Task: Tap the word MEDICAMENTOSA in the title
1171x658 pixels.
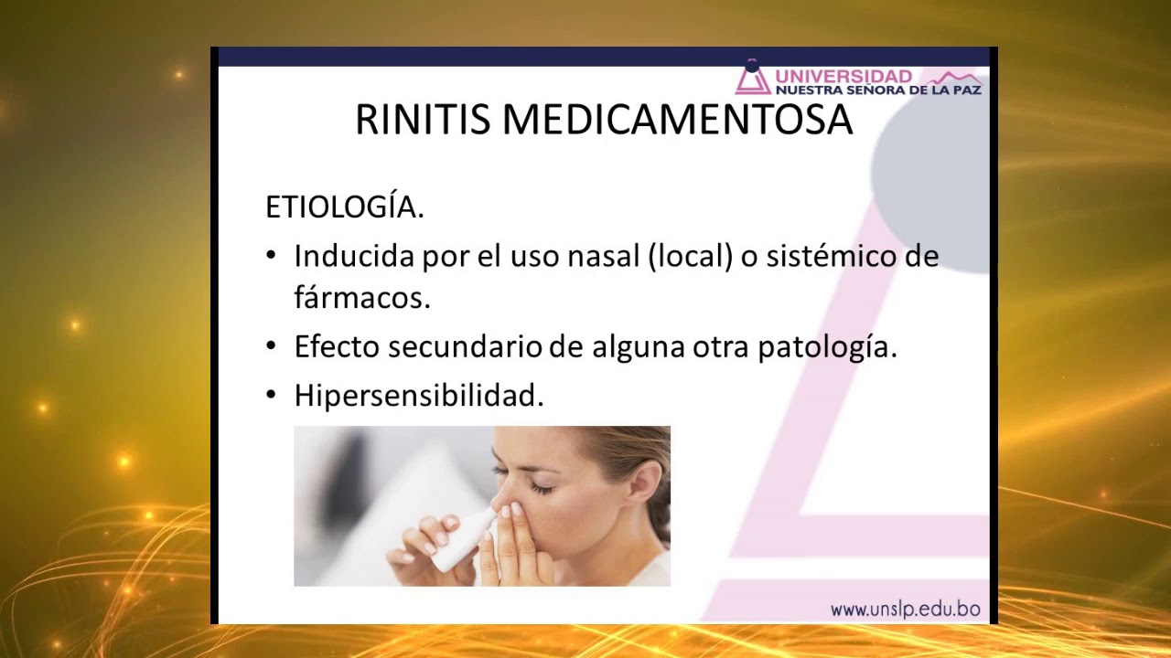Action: (677, 121)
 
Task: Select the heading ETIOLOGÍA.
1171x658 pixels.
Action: (345, 207)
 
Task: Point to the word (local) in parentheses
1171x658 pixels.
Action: (691, 256)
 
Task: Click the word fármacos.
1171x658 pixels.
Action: (361, 298)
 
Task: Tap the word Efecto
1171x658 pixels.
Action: (337, 347)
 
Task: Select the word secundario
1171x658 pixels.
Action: (467, 347)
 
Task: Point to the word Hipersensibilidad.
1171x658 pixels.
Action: (419, 396)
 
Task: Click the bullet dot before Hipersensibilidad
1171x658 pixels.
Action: (271, 395)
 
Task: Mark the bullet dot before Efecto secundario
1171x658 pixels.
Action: (271, 346)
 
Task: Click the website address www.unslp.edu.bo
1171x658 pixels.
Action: (905, 609)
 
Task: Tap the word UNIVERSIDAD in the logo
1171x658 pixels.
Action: (843, 77)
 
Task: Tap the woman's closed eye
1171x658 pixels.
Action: (542, 487)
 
